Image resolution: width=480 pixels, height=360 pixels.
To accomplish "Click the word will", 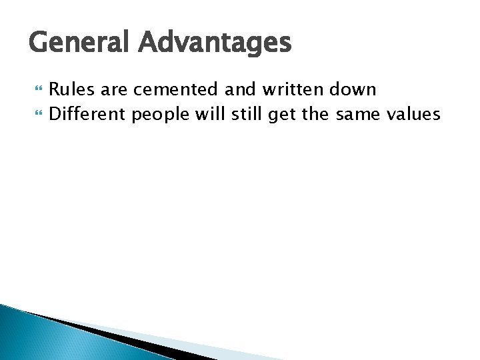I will click(211, 115).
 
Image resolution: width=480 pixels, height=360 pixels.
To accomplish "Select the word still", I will click(247, 115).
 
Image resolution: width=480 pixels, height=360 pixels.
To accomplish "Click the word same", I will click(359, 115).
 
